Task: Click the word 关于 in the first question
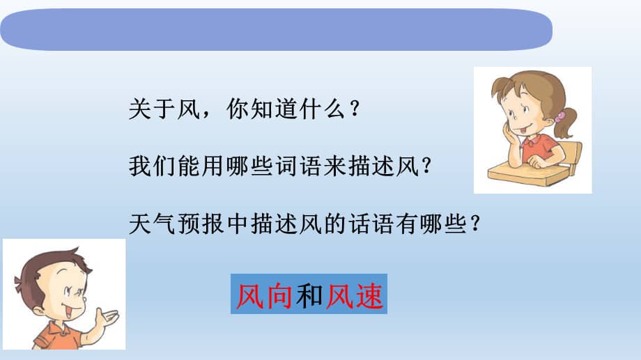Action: pyautogui.click(x=153, y=109)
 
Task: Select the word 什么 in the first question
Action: pyautogui.click(x=322, y=109)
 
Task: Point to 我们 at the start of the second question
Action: pyautogui.click(x=153, y=166)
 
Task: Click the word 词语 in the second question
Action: pyautogui.click(x=298, y=166)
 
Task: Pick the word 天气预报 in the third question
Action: pyautogui.click(x=177, y=224)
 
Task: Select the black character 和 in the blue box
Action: pyautogui.click(x=309, y=295)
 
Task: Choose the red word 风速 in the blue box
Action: pyautogui.click(x=355, y=295)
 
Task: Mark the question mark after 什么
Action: pyautogui.click(x=355, y=109)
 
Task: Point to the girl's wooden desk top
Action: pyautogui.click(x=527, y=173)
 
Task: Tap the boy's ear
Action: pyautogui.click(x=39, y=311)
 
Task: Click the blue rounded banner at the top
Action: pyautogui.click(x=277, y=29)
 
